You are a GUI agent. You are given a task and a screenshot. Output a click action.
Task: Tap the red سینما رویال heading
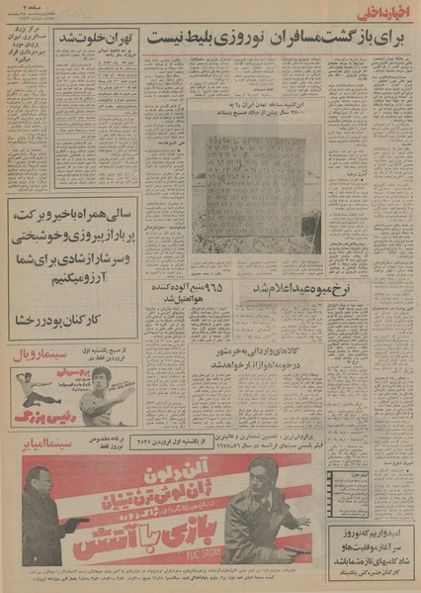[43, 351]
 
